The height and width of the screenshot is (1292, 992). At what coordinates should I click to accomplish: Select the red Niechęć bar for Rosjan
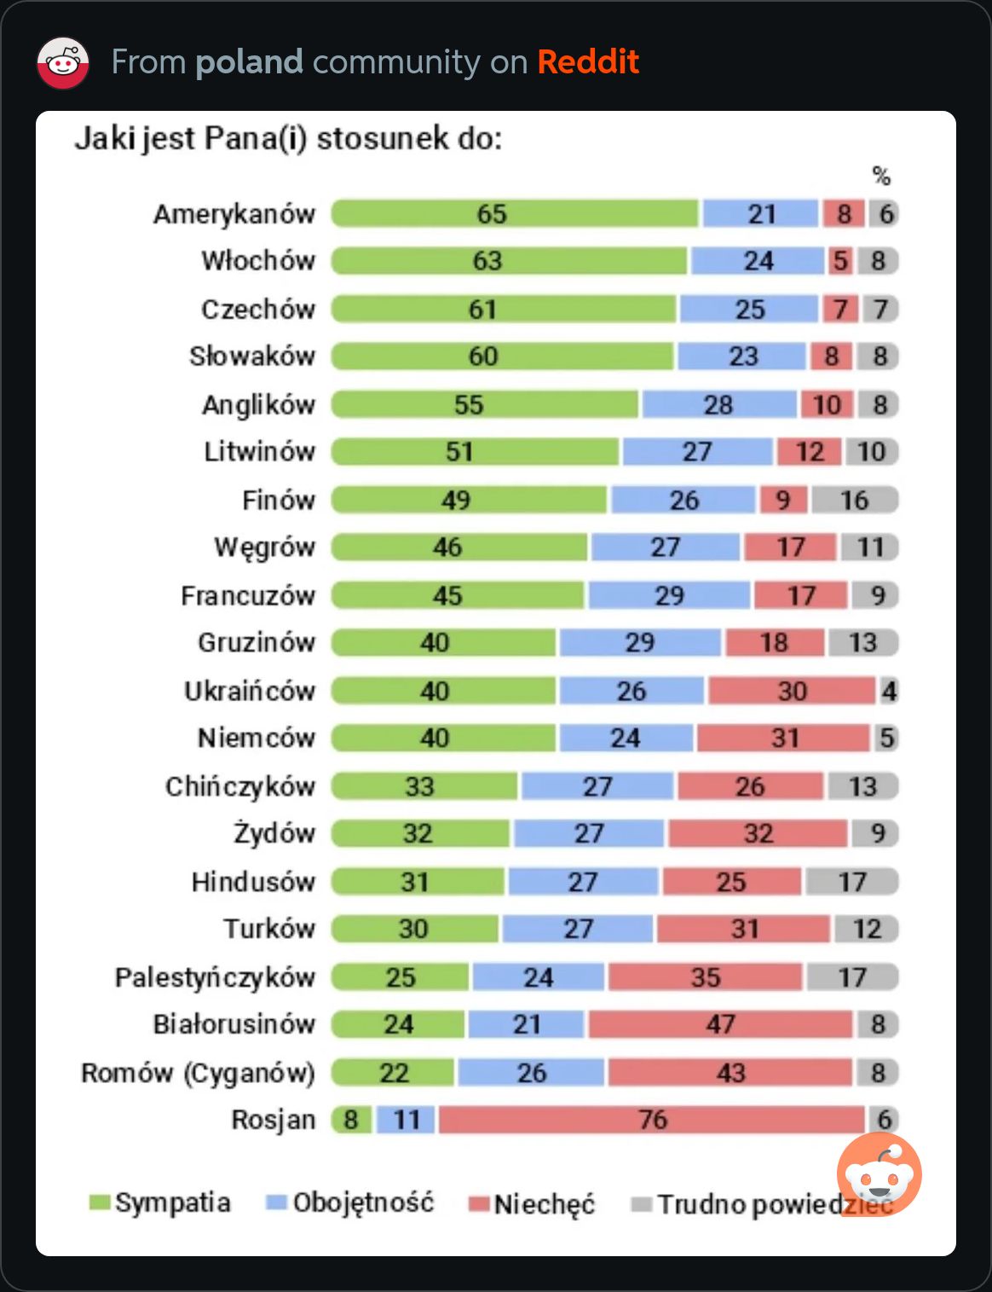(652, 1119)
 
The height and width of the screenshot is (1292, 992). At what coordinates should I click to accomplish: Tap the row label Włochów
(257, 260)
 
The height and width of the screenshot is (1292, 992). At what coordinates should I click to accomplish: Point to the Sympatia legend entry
(160, 1202)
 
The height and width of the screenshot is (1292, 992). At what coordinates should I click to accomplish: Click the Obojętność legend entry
(350, 1202)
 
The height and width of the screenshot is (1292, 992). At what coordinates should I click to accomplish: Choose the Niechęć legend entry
(533, 1204)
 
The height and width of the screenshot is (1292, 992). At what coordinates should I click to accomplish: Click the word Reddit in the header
(588, 62)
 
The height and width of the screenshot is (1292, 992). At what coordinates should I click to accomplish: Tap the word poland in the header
(249, 62)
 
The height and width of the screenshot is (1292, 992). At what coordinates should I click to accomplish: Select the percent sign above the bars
(881, 176)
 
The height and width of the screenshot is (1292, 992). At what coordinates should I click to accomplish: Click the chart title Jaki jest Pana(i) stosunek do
(288, 138)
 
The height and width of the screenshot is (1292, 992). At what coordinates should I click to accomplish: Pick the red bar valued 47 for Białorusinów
(720, 1023)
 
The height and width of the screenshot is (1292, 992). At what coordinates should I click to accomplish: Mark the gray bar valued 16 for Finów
(855, 500)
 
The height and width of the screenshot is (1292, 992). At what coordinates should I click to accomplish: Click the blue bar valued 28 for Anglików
(718, 404)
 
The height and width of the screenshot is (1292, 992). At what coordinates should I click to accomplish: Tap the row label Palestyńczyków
(215, 977)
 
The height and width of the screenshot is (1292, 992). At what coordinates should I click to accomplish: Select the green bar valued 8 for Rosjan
(351, 1119)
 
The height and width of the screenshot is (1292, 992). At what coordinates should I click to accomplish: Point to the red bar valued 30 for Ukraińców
(792, 691)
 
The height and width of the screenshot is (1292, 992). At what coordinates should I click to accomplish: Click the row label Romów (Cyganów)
(198, 1073)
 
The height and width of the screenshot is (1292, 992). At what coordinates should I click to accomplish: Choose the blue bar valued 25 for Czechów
(749, 309)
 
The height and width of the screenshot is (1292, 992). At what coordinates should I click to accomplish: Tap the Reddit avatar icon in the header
(63, 63)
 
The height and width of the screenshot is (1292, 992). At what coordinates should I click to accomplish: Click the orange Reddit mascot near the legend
(880, 1173)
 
